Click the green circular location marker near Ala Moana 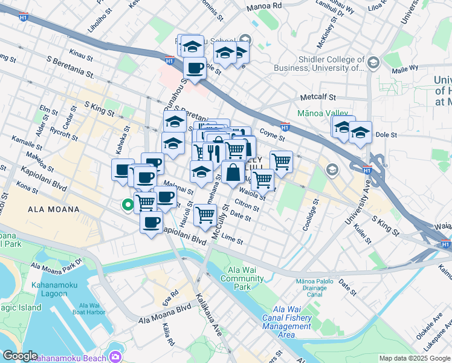(128, 205)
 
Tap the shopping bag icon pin (233, 173)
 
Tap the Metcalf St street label (317, 97)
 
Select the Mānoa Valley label (323, 113)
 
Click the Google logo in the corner (20, 356)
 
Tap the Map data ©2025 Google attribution (414, 358)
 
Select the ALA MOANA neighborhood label (53, 209)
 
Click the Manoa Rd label (265, 7)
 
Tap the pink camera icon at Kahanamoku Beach (115, 357)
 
